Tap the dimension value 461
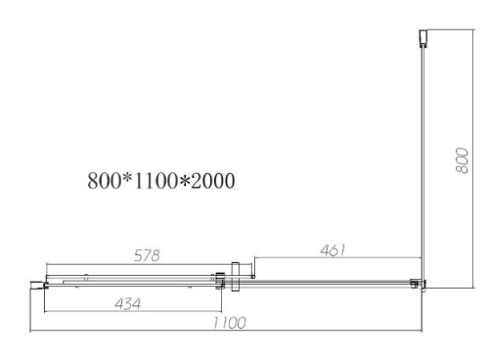pyautogui.click(x=332, y=250)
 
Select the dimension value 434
pyautogui.click(x=126, y=303)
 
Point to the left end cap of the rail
pyautogui.click(x=39, y=285)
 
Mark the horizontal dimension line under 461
pyautogui.click(x=337, y=259)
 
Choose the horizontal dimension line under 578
pyautogui.click(x=137, y=264)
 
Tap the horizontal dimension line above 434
pyautogui.click(x=127, y=294)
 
